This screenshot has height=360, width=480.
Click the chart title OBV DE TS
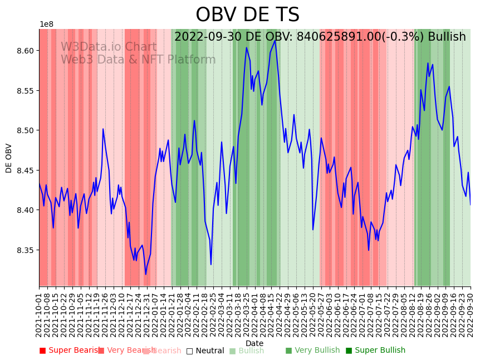(x=247, y=15)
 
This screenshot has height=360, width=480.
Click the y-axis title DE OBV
(x=9, y=158)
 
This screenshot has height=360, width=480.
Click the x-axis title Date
(x=254, y=343)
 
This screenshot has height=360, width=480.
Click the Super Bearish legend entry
(x=70, y=351)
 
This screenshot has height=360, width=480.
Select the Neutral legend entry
(x=205, y=351)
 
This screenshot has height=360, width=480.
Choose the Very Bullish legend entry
(x=312, y=351)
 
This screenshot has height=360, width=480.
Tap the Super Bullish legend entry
(x=375, y=351)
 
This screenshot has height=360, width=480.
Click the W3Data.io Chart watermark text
(x=109, y=47)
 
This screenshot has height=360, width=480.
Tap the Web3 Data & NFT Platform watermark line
(x=138, y=60)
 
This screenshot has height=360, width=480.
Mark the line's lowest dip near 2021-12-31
(x=146, y=274)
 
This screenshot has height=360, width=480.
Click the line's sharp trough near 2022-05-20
(x=313, y=230)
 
